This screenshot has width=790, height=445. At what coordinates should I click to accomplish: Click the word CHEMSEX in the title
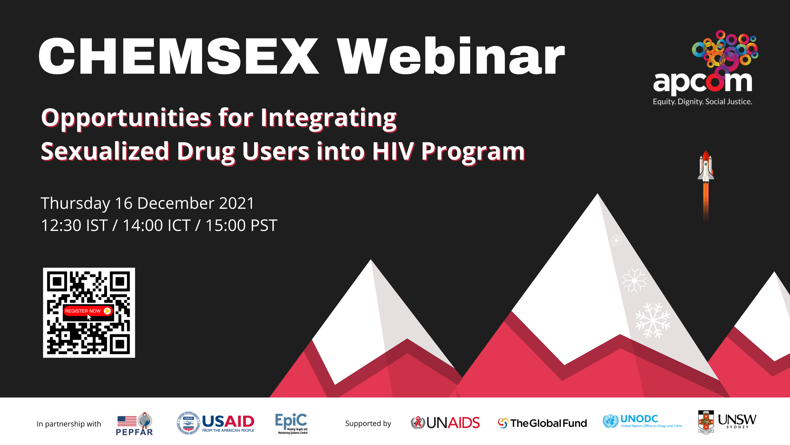tap(178, 56)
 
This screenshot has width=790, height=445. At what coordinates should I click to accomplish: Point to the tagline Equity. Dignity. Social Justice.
tap(703, 102)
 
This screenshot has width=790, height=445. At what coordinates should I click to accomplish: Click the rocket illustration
tap(706, 184)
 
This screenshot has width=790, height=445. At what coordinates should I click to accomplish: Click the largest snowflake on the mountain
tap(653, 321)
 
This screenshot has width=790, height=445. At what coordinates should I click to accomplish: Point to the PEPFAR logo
tap(134, 424)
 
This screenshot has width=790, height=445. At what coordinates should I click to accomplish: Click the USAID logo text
tap(228, 423)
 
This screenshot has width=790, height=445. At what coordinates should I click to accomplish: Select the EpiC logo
tap(291, 423)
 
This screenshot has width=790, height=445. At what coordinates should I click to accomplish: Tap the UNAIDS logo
tap(445, 423)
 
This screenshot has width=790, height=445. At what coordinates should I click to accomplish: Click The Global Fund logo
tap(542, 423)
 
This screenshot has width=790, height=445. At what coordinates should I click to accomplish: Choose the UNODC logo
tap(643, 421)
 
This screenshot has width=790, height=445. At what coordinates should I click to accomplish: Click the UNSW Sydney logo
tap(727, 422)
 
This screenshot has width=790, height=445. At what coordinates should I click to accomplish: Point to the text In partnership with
tap(69, 424)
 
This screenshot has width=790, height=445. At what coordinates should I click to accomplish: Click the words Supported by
tap(368, 424)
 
